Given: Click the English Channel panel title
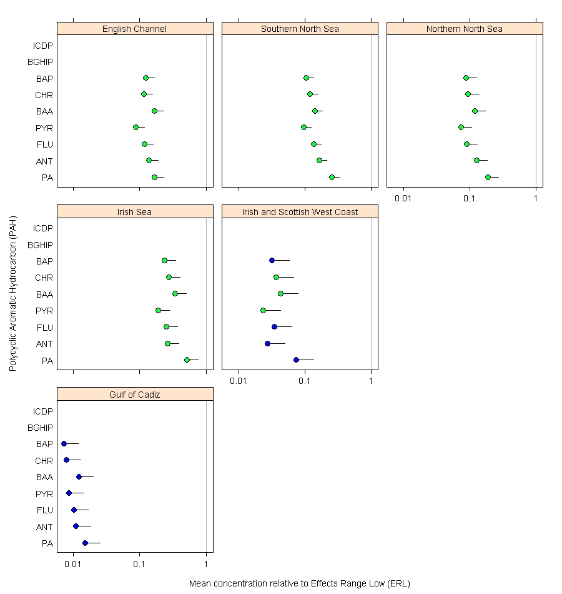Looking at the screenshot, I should [x=135, y=29].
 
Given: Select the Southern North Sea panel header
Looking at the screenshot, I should [x=300, y=29].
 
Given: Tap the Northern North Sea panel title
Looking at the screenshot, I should [x=465, y=29].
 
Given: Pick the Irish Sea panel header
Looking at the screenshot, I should [x=135, y=212].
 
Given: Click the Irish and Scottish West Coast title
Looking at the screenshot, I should [x=300, y=212].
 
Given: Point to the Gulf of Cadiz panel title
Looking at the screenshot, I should [x=135, y=395].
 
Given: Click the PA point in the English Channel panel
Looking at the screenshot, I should [x=154, y=177].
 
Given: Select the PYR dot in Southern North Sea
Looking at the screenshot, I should [x=303, y=127].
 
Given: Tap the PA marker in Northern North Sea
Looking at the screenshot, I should [x=488, y=177].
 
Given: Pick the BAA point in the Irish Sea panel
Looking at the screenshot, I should [x=175, y=293].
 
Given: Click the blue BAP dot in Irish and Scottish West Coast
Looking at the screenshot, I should [x=272, y=260].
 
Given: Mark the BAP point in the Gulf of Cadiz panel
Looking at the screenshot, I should [x=64, y=443].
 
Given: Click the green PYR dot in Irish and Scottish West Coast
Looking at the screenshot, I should [x=263, y=310].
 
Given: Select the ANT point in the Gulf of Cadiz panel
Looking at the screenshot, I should [x=76, y=526].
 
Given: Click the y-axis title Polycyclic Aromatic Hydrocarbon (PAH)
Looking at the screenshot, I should [x=12, y=294].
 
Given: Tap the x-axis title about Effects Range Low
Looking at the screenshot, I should [x=299, y=583].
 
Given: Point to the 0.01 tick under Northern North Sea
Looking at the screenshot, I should [x=403, y=198].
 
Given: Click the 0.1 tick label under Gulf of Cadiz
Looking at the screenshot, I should [x=139, y=565].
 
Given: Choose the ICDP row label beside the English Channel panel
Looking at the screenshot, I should [x=43, y=45].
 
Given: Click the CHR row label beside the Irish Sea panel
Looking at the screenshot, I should [x=44, y=278].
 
